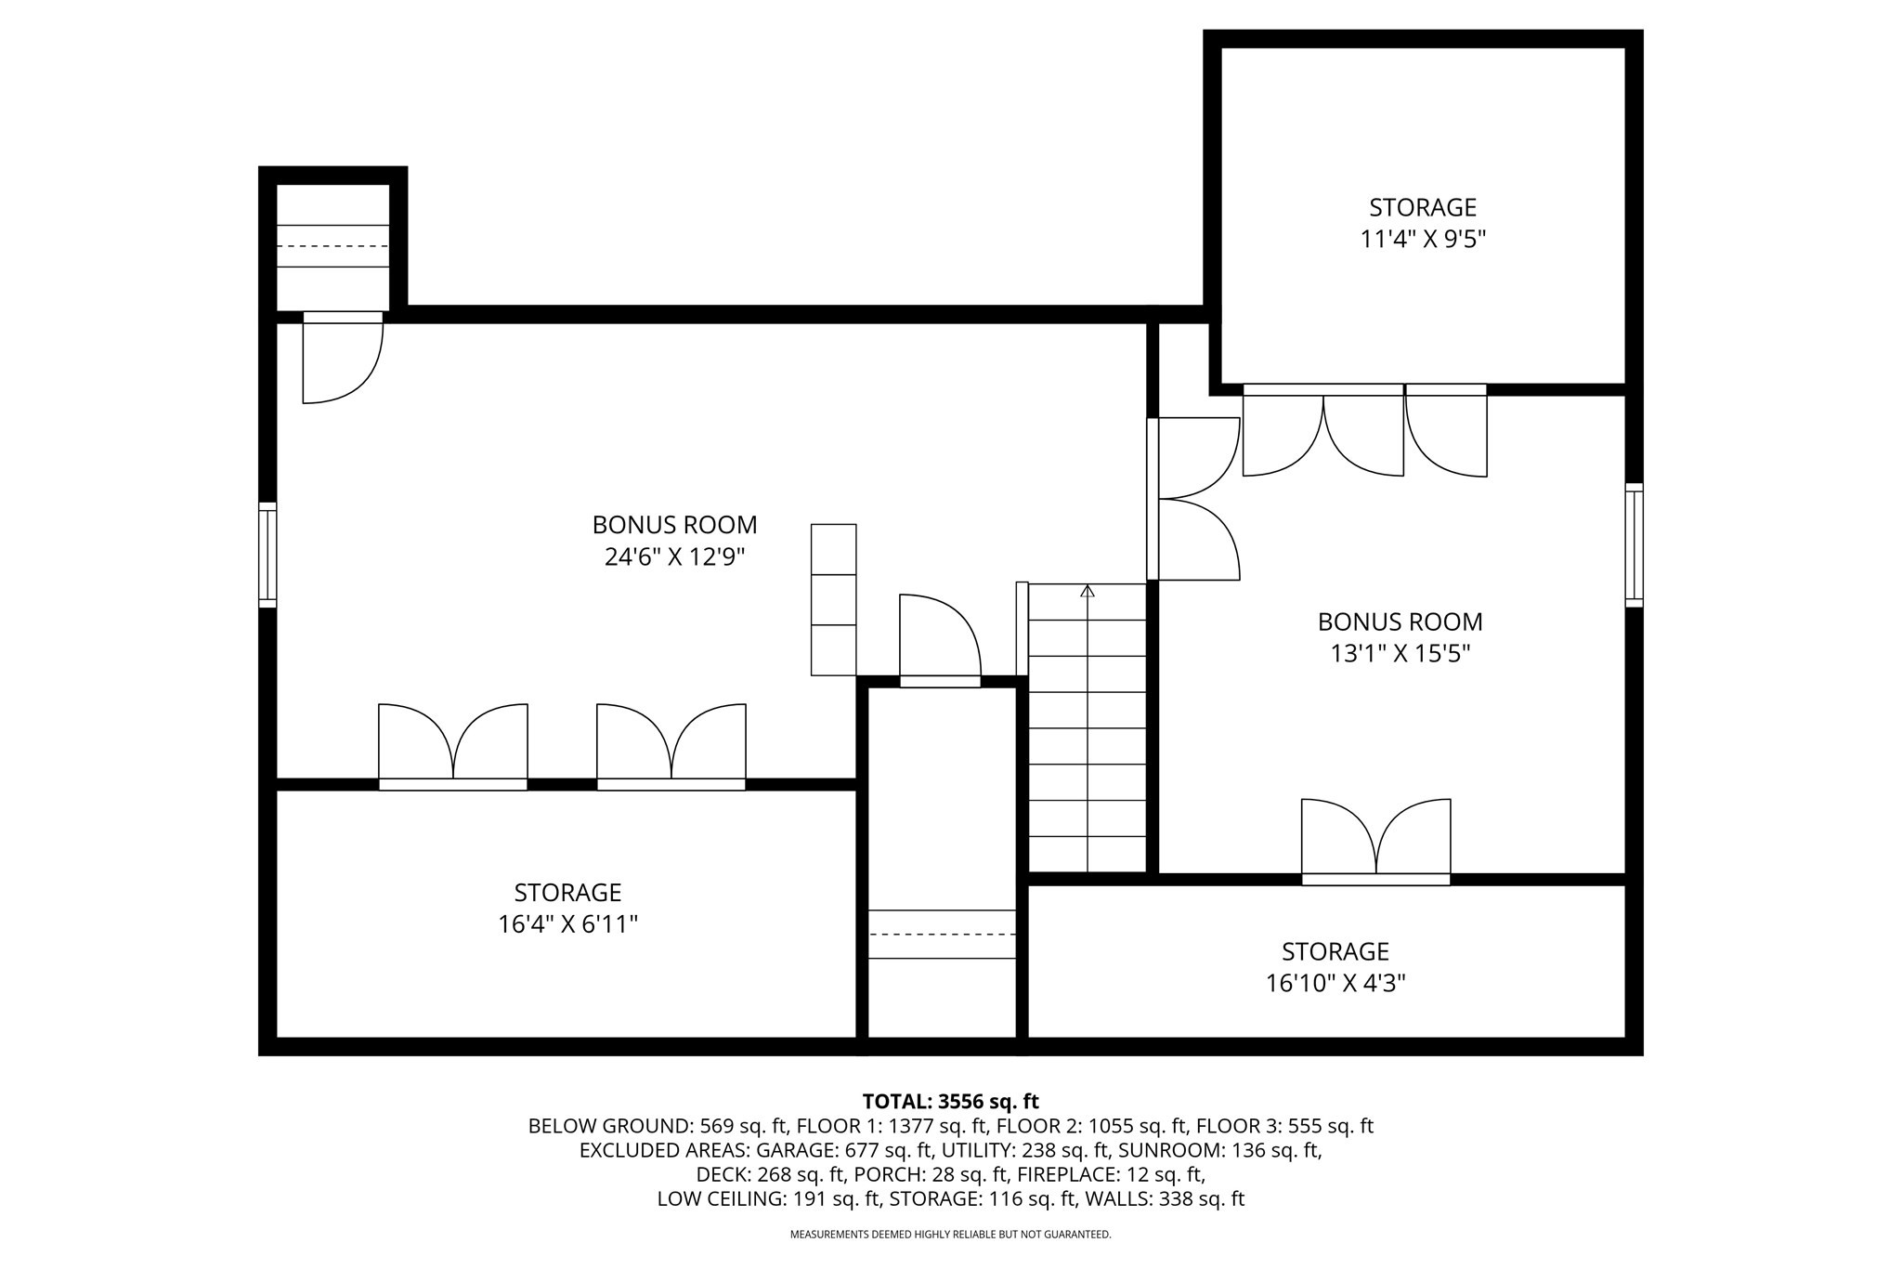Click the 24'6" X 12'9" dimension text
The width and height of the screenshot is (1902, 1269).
[x=674, y=557]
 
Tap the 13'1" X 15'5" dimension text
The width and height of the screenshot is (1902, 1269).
[x=1400, y=654]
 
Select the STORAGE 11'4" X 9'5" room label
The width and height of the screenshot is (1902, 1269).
[x=1423, y=223]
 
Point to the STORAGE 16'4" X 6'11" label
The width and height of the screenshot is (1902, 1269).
[x=567, y=909]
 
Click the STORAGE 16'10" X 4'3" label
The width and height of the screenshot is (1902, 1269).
[x=1335, y=967]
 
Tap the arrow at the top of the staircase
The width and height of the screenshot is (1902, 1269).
[x=1088, y=591]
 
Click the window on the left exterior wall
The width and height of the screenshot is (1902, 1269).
[x=267, y=555]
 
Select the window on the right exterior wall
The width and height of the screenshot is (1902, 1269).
[x=1634, y=545]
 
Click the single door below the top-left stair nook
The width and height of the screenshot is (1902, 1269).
[x=342, y=360]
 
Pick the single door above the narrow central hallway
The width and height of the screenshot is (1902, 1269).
[x=940, y=641]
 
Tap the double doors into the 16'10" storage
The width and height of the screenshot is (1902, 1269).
[x=1375, y=839]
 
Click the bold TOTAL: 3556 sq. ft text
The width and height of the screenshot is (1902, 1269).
[x=950, y=1102]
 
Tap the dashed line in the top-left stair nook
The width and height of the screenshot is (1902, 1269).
[x=332, y=246]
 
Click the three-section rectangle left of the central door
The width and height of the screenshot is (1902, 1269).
[x=833, y=599]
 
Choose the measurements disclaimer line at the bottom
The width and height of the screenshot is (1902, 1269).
[x=950, y=1235]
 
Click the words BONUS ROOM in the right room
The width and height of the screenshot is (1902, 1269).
[x=1400, y=621]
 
